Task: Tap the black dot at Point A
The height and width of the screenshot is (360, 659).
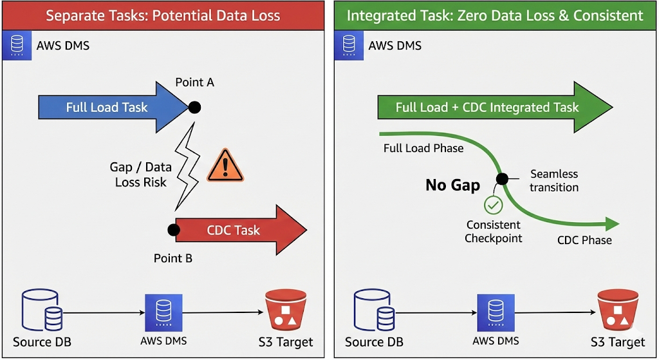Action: pos(194,107)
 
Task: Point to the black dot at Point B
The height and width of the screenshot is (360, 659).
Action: pos(172,229)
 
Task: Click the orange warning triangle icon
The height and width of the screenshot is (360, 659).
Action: pos(225,166)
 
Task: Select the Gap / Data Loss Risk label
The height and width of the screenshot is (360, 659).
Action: pos(140,175)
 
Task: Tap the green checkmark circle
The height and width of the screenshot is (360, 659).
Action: pos(493,206)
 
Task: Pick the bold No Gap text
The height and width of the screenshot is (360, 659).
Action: pos(452,185)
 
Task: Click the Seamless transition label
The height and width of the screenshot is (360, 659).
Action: pos(554,181)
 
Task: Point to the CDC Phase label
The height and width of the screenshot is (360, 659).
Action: pos(584,240)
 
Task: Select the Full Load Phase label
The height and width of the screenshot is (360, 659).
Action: pos(423,148)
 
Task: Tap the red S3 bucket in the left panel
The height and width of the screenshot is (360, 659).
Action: pos(284,312)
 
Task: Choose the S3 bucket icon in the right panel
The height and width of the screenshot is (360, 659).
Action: pos(617,312)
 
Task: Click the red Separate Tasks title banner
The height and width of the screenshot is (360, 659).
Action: pos(163,15)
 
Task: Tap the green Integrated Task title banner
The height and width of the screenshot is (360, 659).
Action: pos(494,15)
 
